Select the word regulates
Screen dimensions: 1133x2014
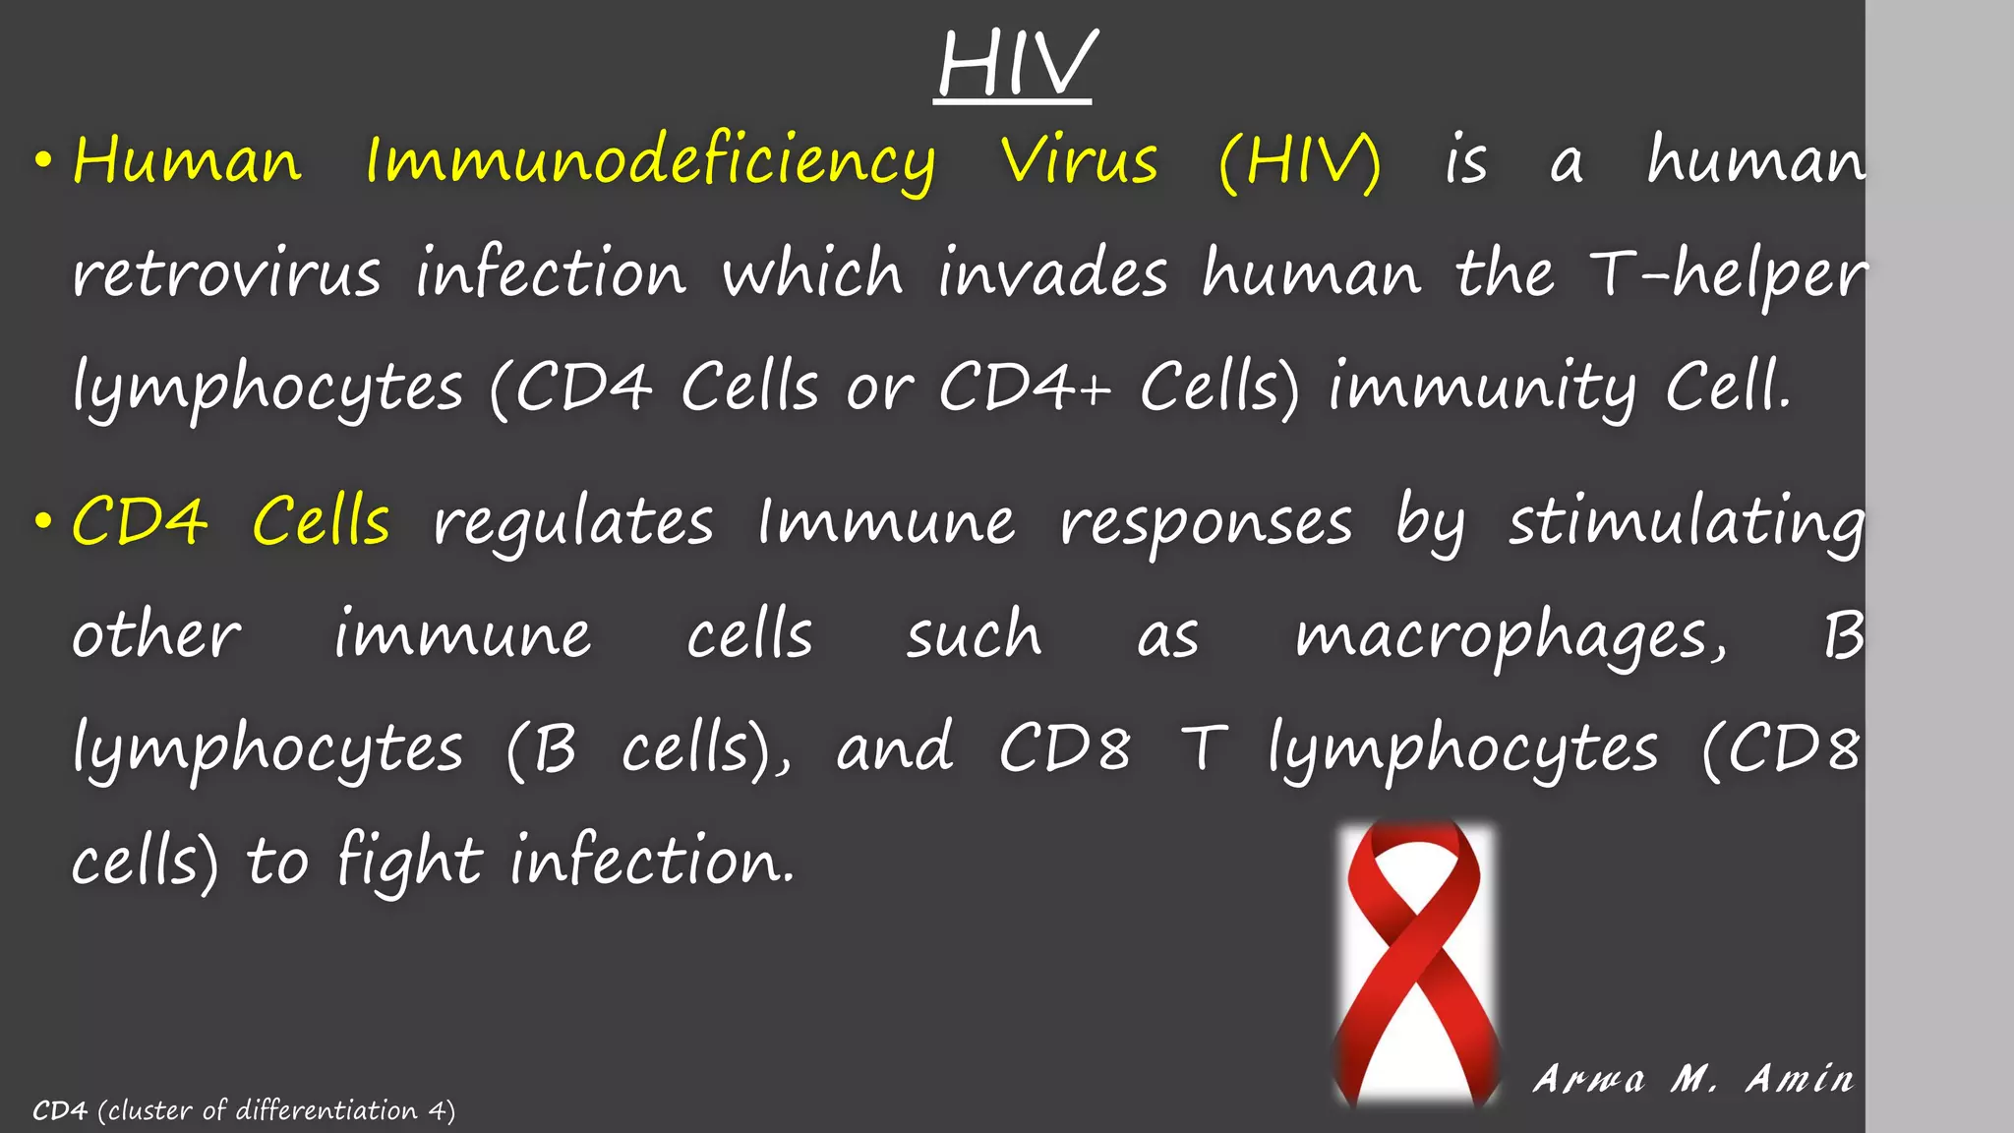point(573,522)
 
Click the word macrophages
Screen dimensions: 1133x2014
point(1509,636)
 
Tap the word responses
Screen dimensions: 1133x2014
point(1206,522)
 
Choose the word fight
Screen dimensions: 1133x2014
point(409,862)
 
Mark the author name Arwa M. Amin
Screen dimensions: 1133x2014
point(1693,1079)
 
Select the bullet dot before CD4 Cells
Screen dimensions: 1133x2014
point(42,522)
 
